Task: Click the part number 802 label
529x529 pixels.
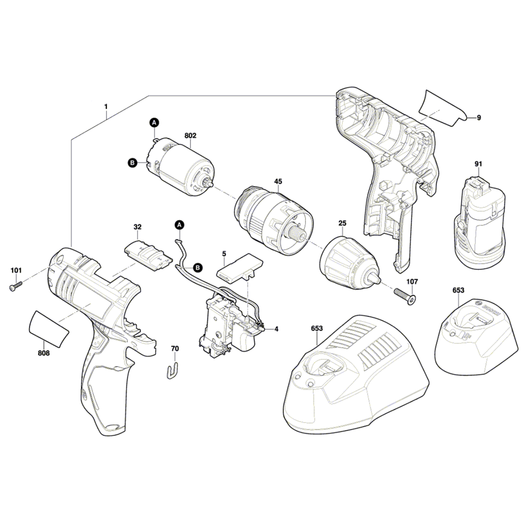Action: click(190, 135)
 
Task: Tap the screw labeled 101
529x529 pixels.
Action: click(15, 286)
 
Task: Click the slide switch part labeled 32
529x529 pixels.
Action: click(148, 255)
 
